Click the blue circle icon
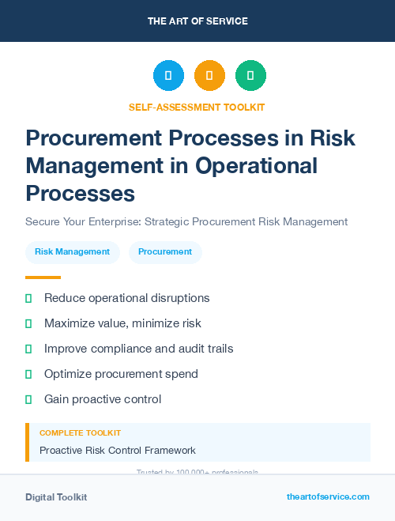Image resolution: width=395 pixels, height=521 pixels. (168, 76)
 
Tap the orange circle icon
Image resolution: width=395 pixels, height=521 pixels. (209, 76)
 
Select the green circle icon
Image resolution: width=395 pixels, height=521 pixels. (250, 76)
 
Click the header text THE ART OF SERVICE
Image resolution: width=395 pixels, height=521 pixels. (197, 21)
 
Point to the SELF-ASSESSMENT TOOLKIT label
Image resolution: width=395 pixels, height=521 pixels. (197, 107)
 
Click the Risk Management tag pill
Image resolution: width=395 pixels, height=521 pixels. (72, 251)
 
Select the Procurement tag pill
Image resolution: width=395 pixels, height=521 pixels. (165, 251)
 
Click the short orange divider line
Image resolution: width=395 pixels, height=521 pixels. (43, 277)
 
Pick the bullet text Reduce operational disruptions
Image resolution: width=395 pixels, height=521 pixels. (126, 298)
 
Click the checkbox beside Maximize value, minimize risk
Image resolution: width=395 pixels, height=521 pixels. (28, 323)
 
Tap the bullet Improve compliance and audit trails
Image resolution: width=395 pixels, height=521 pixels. (138, 349)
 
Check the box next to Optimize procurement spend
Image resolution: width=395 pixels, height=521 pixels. (28, 374)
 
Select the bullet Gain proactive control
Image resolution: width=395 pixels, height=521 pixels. (103, 399)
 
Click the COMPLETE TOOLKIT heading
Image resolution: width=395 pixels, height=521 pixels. (80, 433)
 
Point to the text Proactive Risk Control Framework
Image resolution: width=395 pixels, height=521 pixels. (118, 451)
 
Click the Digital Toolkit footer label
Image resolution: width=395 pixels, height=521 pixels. (56, 497)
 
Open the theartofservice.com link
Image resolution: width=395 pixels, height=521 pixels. (328, 496)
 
